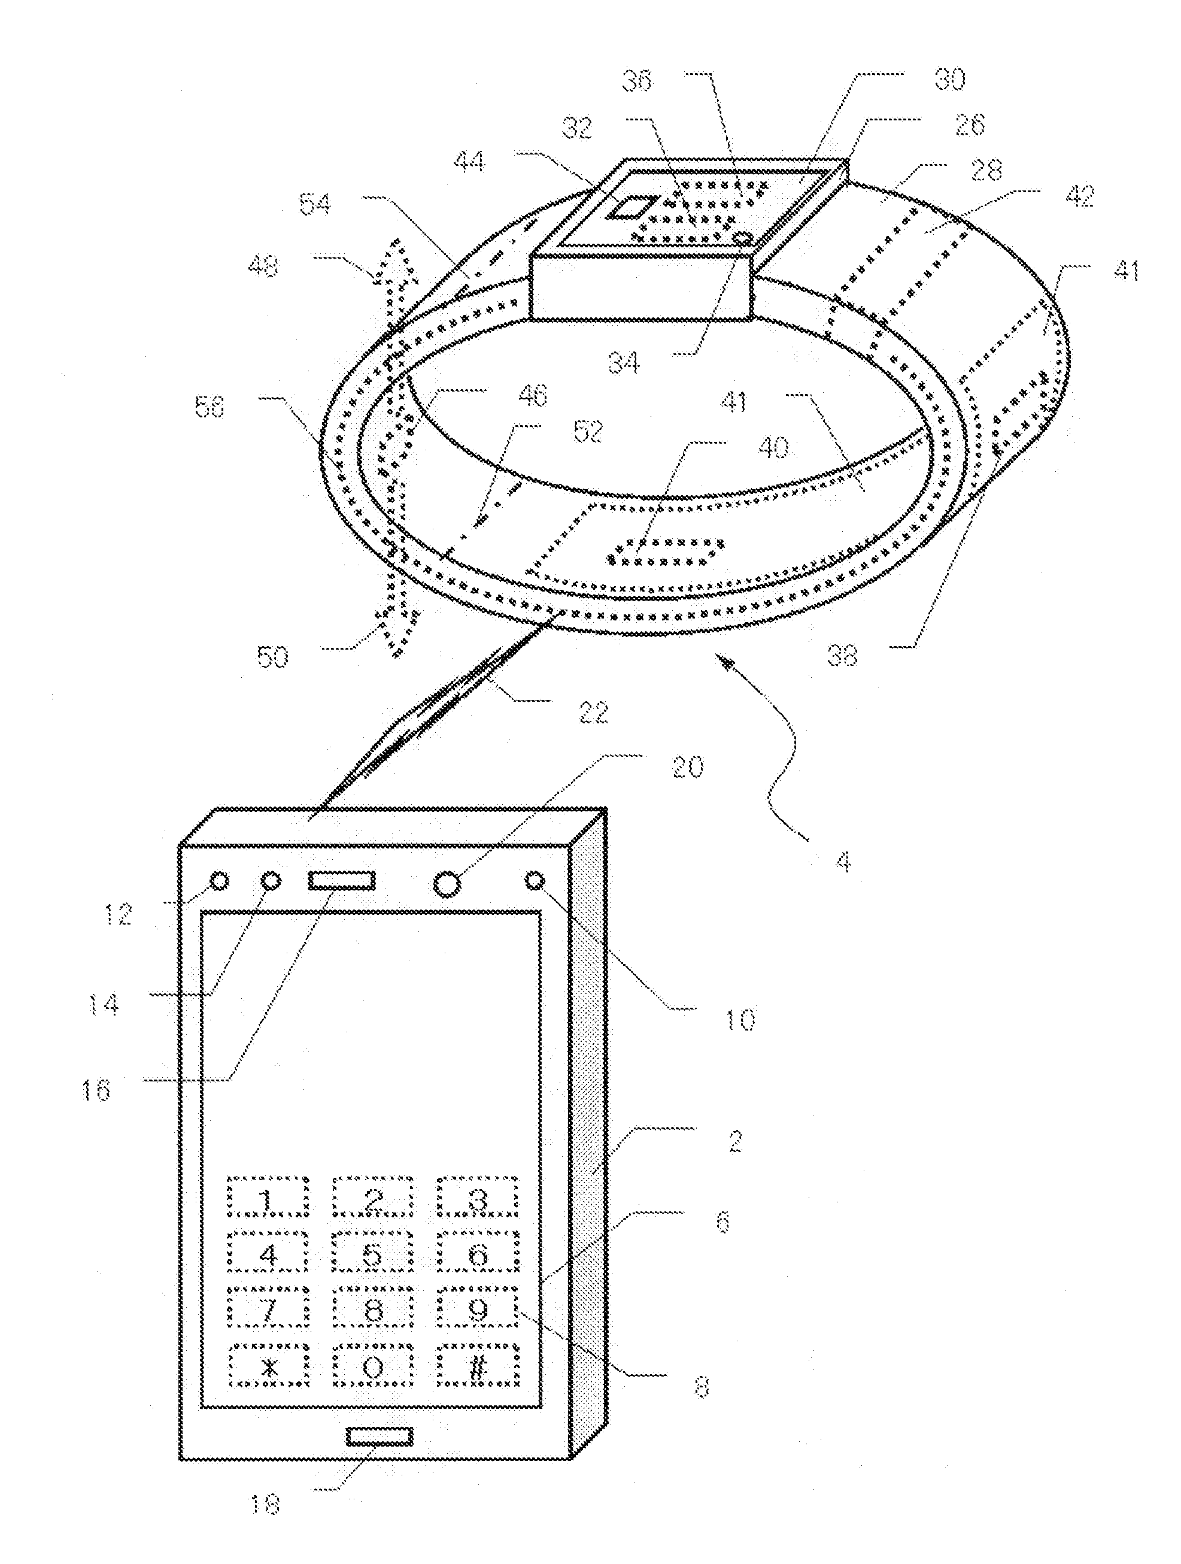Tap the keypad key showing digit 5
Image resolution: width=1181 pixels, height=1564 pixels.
tap(373, 1254)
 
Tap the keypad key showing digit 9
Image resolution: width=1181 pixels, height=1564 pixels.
tap(478, 1310)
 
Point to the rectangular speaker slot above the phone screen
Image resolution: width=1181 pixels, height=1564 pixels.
tap(341, 881)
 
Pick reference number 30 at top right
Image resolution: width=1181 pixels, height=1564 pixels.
tap(949, 79)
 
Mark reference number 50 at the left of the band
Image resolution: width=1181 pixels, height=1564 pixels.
tap(272, 657)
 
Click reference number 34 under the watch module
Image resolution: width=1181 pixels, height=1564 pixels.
tap(623, 363)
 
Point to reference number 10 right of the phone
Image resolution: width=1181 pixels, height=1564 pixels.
tap(739, 1018)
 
